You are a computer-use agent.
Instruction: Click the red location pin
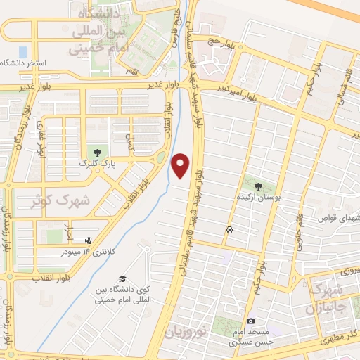coord(181,165)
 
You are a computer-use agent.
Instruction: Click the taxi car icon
coord(229,230)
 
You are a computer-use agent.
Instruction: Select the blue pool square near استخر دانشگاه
coord(22,51)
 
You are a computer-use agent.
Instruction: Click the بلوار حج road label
coord(219,42)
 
